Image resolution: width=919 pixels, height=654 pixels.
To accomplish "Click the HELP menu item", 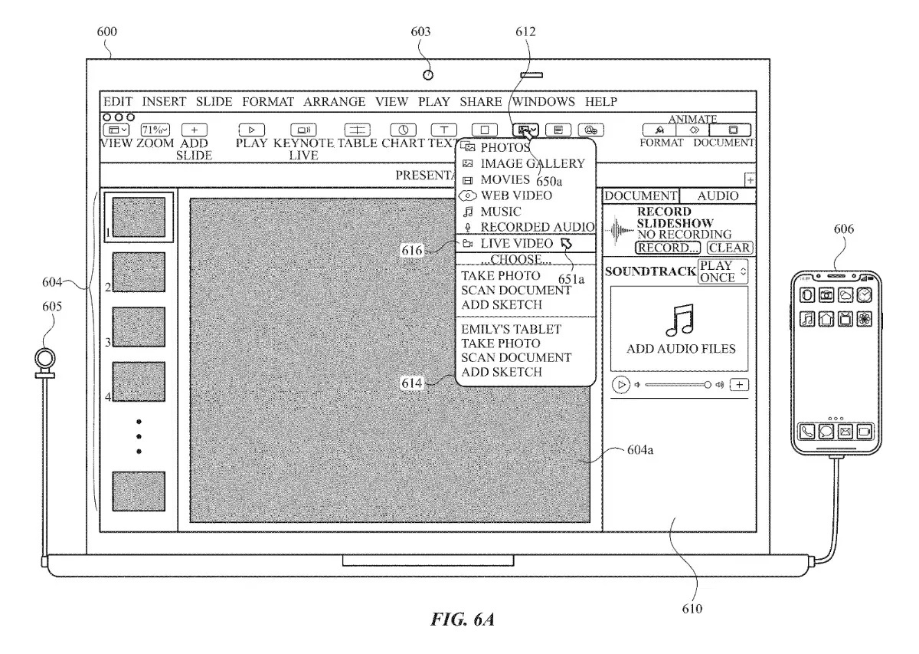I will [601, 102].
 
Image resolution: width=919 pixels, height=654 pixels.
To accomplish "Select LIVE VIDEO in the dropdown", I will [516, 243].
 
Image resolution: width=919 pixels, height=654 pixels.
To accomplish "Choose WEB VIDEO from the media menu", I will [515, 196].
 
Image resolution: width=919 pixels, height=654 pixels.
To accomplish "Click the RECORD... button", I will [668, 248].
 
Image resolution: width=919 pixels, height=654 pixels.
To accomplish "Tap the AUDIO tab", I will [718, 196].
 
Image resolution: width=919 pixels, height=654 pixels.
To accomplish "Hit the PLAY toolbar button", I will [252, 130].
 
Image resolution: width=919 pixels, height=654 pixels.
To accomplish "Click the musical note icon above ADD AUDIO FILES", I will [679, 320].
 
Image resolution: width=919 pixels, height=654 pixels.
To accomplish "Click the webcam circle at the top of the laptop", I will [428, 74].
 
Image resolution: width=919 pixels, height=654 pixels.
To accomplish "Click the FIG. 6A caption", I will [462, 618].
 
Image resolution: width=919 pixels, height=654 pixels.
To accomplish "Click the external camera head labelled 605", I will [47, 359].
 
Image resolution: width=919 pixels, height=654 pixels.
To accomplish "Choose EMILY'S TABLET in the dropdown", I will [511, 329].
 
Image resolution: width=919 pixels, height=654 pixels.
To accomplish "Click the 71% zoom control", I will [155, 130].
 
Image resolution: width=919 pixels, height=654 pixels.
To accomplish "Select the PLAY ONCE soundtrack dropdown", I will [722, 271].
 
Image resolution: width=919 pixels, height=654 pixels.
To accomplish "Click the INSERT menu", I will [164, 102].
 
